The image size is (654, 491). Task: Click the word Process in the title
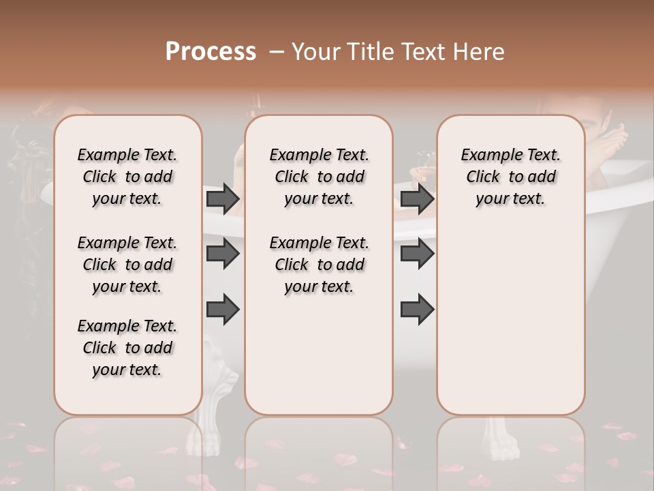(x=211, y=52)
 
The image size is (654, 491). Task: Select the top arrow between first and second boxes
(x=223, y=198)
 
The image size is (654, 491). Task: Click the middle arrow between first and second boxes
(x=223, y=254)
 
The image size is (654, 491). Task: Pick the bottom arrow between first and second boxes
(x=223, y=309)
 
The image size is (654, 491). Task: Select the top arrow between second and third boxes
(x=417, y=198)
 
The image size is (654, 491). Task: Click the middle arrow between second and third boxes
(x=417, y=254)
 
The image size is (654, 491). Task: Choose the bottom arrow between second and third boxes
(x=417, y=309)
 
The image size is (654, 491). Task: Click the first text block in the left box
(x=127, y=177)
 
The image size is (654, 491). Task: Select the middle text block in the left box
(x=127, y=265)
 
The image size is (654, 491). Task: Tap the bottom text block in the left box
(x=127, y=348)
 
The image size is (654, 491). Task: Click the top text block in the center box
(x=319, y=177)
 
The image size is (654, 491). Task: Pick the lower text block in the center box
(x=319, y=265)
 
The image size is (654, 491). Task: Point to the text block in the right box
(x=511, y=177)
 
